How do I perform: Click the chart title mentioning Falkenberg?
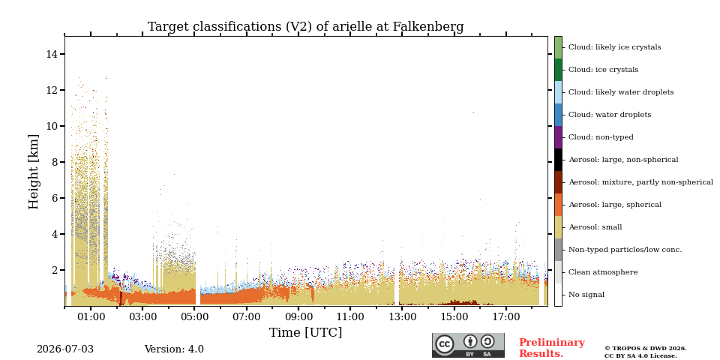(x=305, y=27)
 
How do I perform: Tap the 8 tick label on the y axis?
(x=54, y=162)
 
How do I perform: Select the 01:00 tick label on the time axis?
(x=91, y=316)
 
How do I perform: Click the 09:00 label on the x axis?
(x=298, y=316)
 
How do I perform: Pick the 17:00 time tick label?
(x=506, y=316)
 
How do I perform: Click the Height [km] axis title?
(x=34, y=172)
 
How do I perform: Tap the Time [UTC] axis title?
(x=305, y=332)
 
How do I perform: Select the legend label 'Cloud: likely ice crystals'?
(x=615, y=47)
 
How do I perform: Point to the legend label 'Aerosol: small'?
(x=595, y=227)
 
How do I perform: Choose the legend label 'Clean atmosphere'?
(x=603, y=272)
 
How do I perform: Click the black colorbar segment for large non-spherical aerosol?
(x=558, y=160)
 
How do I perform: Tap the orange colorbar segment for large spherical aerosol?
(x=558, y=205)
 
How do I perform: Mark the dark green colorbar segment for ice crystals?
(x=558, y=70)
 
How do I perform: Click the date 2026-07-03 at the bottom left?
(x=64, y=349)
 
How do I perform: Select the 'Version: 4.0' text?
(x=174, y=349)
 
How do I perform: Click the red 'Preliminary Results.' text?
(x=551, y=348)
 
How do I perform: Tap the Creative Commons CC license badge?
(x=468, y=345)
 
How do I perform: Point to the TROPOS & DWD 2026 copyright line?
(x=645, y=349)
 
